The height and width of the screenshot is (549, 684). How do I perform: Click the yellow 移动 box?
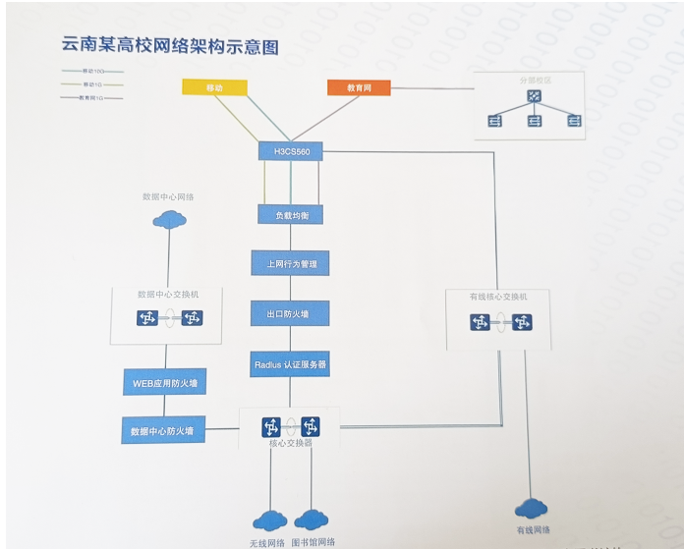coord(214,87)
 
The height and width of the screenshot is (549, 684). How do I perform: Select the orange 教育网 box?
coord(359,87)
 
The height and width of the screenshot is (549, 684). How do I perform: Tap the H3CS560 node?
coord(290,151)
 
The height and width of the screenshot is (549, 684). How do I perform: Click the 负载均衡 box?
coord(290,214)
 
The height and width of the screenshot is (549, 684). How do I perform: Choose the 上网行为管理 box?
coord(290,264)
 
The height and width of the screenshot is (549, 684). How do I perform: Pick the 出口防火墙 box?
coord(290,313)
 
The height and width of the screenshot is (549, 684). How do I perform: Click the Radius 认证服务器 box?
coord(290,363)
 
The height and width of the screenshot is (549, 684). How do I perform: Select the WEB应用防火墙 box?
coord(164,381)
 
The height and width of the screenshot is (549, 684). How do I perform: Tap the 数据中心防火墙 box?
coord(162,430)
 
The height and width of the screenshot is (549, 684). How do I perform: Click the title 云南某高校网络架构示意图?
coord(170,46)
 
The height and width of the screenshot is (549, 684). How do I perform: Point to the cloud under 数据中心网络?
coord(169,218)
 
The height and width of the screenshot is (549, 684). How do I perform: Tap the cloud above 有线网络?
coord(531,507)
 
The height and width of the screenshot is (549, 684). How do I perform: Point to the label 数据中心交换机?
coord(167,294)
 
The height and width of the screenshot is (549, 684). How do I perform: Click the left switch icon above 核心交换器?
coord(270,426)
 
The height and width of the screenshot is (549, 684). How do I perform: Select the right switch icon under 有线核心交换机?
coord(521,322)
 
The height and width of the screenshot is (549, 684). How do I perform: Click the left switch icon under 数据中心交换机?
coord(146,318)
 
